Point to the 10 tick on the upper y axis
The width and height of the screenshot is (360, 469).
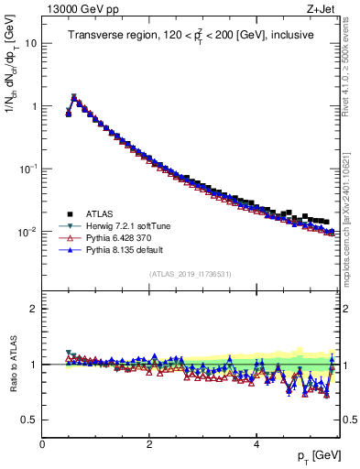tap(31, 43)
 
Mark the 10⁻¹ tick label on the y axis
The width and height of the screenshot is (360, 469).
tap(28, 169)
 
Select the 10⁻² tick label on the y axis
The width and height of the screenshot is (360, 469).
tap(28, 232)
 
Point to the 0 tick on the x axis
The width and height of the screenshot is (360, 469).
tap(43, 444)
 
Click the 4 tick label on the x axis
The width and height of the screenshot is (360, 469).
tap(256, 444)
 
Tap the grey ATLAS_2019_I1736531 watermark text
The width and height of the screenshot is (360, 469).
tap(190, 274)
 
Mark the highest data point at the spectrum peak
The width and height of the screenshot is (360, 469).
tap(74, 97)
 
